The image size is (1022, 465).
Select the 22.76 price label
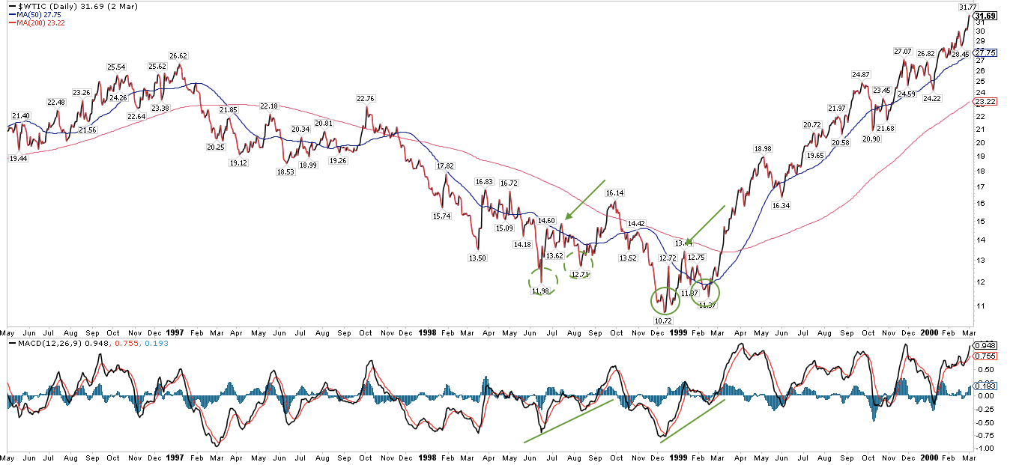coord(366,98)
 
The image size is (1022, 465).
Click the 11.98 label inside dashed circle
coord(542,291)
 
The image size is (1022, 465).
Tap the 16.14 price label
coord(615,193)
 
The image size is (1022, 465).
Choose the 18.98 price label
coord(764,149)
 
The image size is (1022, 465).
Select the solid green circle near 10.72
coord(665,301)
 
